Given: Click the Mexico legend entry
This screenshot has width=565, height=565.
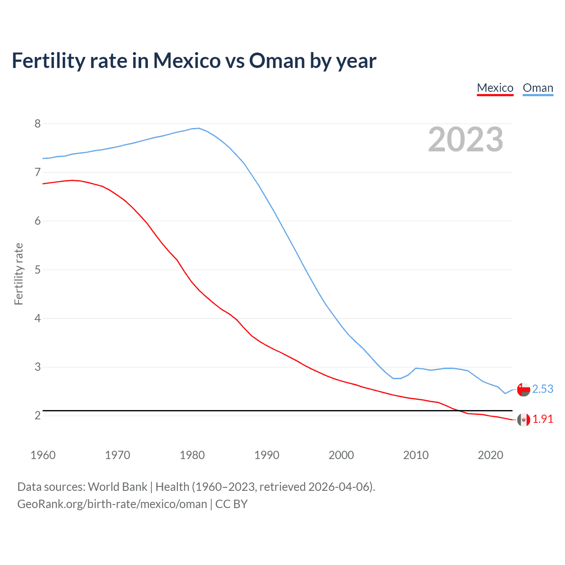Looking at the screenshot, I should pyautogui.click(x=495, y=88).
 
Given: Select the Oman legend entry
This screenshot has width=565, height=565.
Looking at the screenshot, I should pyautogui.click(x=538, y=88).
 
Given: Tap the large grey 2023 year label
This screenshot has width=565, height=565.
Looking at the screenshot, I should pyautogui.click(x=465, y=139).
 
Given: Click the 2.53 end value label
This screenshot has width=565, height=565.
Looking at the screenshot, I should pyautogui.click(x=542, y=389).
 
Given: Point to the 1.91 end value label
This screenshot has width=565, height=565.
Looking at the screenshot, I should pyautogui.click(x=542, y=419).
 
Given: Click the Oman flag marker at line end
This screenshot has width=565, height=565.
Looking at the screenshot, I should pyautogui.click(x=523, y=390).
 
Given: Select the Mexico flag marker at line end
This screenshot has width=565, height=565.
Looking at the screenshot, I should pyautogui.click(x=523, y=420).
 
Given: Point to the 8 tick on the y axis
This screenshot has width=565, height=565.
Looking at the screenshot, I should pyautogui.click(x=38, y=124).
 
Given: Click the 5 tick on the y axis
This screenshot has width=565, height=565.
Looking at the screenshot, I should pyautogui.click(x=38, y=270).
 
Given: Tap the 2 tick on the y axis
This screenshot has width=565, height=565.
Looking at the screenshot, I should pyautogui.click(x=38, y=415).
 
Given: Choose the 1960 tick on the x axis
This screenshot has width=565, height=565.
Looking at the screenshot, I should pyautogui.click(x=43, y=455).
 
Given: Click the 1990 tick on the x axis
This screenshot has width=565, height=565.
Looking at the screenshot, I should pyautogui.click(x=267, y=455).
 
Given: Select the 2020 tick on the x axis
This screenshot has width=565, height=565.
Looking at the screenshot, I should pyautogui.click(x=490, y=455).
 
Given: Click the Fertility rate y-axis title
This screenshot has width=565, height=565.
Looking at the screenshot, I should pyautogui.click(x=19, y=274).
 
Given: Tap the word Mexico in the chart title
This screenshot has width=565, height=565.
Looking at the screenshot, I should pyautogui.click(x=186, y=60).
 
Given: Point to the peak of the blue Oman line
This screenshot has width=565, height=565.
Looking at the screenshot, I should pyautogui.click(x=199, y=128).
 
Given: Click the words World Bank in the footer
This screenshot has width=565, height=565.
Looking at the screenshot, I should pyautogui.click(x=117, y=486).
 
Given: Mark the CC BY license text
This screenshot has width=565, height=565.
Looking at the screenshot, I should pyautogui.click(x=231, y=504).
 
